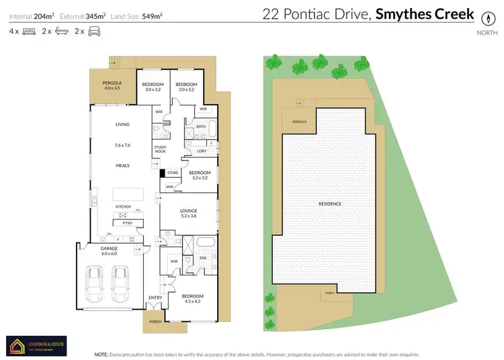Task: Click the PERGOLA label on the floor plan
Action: click(x=112, y=84)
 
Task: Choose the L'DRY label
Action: click(x=202, y=151)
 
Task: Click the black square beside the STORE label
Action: click(x=162, y=173)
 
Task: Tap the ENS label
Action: click(x=202, y=257)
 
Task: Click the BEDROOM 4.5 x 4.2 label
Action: click(x=191, y=298)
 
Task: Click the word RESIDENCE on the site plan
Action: click(x=329, y=204)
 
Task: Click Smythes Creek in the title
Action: click(x=424, y=14)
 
